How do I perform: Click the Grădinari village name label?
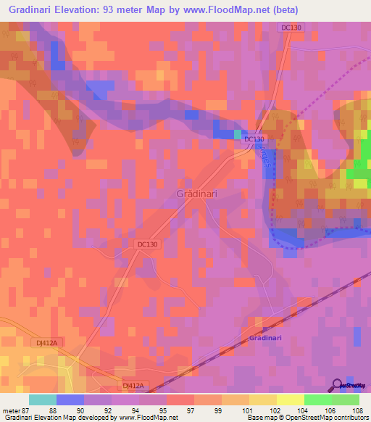201,194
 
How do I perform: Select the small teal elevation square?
238,134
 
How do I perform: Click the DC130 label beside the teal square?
254,139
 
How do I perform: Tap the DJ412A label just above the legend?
134,386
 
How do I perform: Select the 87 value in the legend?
28,409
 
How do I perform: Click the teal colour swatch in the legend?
42,399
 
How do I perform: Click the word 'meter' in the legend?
12,409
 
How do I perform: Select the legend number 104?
305,409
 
